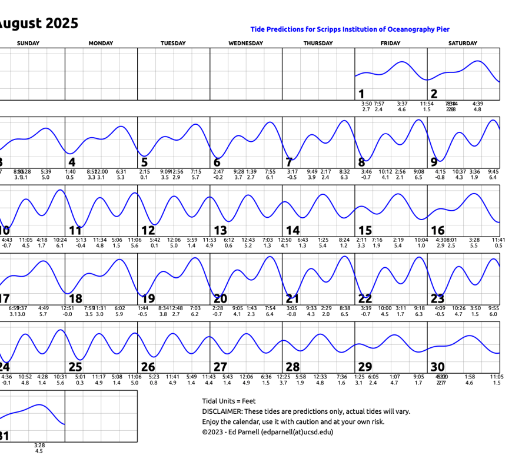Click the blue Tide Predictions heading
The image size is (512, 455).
[350, 29]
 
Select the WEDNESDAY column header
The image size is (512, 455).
[245, 43]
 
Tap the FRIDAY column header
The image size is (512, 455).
[390, 43]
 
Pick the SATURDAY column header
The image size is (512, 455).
[463, 43]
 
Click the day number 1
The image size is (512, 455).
[361, 94]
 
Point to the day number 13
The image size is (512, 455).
[220, 231]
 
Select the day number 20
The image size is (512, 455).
[220, 299]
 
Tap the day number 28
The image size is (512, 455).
[292, 367]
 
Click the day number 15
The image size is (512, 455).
[365, 231]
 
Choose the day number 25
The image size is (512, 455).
[75, 367]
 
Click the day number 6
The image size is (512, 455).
[217, 162]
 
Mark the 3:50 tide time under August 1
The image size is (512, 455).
[366, 104]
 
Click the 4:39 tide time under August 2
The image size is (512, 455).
[477, 104]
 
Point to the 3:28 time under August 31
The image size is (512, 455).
[39, 445]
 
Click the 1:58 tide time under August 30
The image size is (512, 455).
[470, 377]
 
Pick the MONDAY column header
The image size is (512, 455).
[101, 43]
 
